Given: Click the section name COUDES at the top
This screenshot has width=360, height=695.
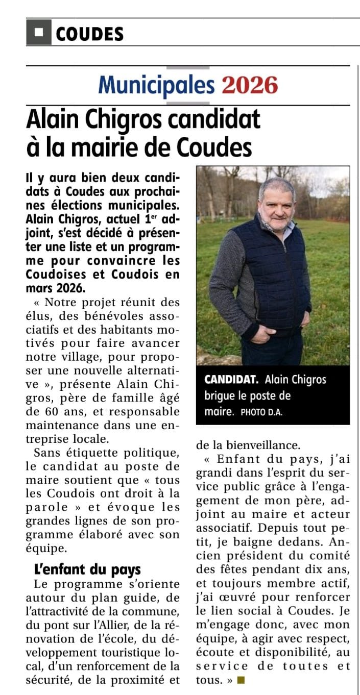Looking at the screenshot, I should point(89,34).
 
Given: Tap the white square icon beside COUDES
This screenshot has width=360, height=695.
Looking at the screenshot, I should point(39,33).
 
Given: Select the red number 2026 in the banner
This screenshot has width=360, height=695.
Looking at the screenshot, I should point(250,85).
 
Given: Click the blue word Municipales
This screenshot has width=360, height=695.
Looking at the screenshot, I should point(156,85).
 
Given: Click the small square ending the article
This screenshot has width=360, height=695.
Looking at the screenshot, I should point(241,680).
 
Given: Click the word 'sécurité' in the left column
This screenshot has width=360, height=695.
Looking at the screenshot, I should point(53,680).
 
